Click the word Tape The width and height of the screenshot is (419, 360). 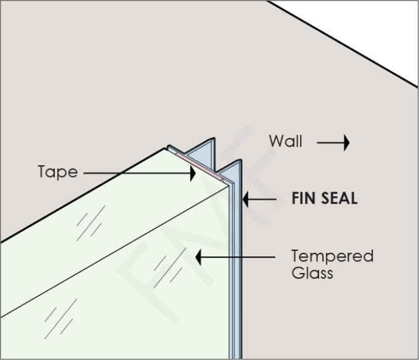click(x=57, y=173)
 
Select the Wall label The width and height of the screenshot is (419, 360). click(x=285, y=142)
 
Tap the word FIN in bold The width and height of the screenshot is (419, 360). click(x=304, y=199)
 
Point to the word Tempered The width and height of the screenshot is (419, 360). click(x=332, y=256)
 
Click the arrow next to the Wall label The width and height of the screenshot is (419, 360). click(x=333, y=143)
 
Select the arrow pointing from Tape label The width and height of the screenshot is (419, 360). click(x=139, y=173)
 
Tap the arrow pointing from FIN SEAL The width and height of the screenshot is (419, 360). click(x=259, y=199)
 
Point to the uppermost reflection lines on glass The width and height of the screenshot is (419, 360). click(x=91, y=223)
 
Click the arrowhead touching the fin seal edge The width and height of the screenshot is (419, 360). click(x=245, y=199)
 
